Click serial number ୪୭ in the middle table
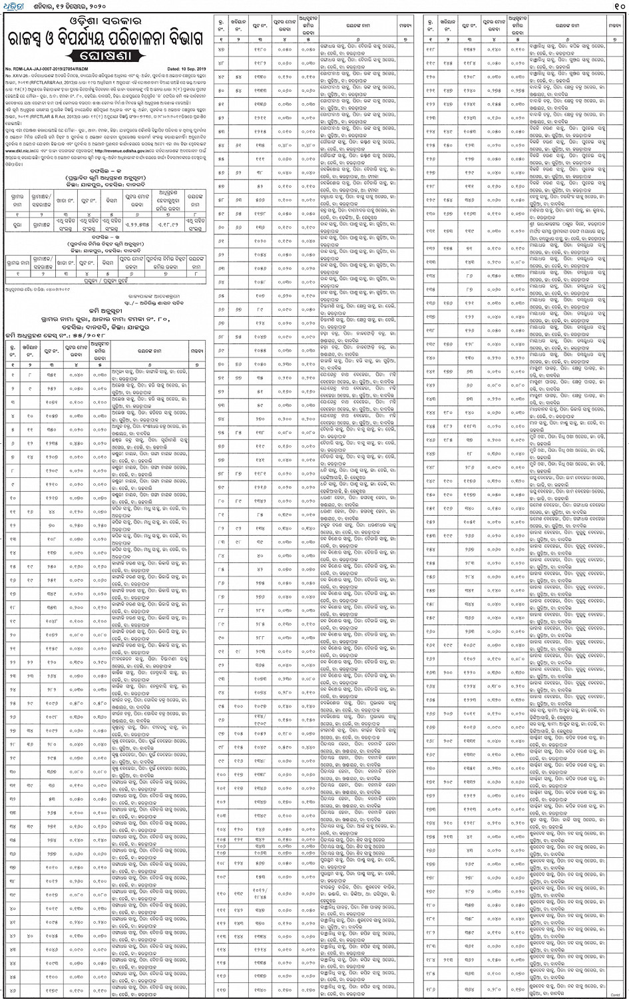point(220,49)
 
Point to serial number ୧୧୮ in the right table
point(429,49)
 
